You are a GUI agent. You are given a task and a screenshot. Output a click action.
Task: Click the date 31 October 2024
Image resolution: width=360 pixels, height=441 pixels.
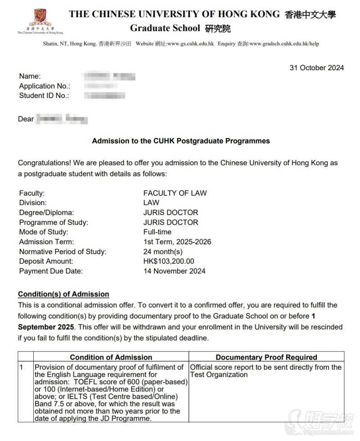click(317, 68)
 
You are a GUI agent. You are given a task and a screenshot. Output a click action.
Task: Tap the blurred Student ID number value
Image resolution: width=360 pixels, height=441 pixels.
click(104, 95)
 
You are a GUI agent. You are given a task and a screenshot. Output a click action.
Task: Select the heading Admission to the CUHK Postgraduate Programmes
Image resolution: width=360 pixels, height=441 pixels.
click(181, 141)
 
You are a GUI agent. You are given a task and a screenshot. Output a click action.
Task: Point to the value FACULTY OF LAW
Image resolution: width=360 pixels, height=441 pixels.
click(175, 193)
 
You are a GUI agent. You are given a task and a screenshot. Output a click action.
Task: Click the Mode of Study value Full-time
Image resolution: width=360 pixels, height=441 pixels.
click(157, 232)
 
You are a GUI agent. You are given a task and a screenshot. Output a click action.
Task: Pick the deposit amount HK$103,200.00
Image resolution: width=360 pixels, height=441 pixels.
click(169, 261)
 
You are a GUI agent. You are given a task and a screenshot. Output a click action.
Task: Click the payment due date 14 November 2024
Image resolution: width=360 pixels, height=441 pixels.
click(174, 271)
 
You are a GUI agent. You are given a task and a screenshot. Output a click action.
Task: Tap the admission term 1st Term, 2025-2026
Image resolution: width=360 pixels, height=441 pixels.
click(177, 242)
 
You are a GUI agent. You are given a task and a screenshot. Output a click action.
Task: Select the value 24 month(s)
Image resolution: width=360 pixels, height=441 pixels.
click(163, 252)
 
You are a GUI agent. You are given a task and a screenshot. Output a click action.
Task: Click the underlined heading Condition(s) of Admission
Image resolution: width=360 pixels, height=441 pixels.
click(63, 294)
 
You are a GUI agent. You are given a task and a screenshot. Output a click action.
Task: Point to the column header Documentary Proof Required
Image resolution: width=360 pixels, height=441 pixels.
click(266, 357)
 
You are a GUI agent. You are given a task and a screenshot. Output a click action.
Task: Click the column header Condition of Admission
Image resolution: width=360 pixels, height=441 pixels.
click(111, 357)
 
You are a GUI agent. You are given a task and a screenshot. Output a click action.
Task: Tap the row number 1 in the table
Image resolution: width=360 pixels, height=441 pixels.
click(21, 368)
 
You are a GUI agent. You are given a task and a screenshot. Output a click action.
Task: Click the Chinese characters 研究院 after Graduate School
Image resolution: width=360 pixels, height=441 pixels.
click(218, 29)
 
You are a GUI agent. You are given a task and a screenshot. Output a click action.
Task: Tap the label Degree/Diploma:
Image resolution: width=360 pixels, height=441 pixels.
click(46, 212)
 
